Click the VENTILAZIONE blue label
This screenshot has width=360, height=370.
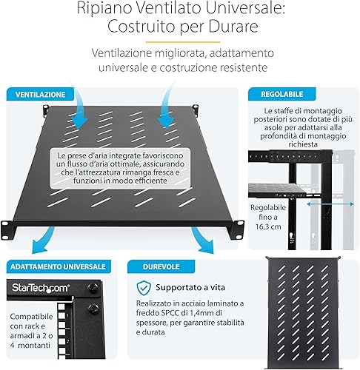(x=40, y=94)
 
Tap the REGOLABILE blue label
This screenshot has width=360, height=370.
(x=281, y=94)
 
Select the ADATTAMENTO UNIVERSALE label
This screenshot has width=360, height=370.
(x=59, y=266)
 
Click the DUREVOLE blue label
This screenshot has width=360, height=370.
(x=161, y=266)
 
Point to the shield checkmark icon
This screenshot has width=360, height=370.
(x=144, y=288)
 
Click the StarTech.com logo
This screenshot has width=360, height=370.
(x=41, y=288)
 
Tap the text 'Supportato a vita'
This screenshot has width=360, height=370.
(x=190, y=287)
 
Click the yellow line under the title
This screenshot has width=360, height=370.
(x=183, y=42)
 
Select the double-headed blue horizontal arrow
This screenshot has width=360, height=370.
(x=330, y=203)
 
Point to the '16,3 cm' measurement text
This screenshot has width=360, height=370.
(x=268, y=226)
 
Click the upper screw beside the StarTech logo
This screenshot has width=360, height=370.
(x=93, y=287)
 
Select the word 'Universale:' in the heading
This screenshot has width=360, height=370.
(x=246, y=9)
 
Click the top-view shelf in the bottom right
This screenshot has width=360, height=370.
(x=303, y=313)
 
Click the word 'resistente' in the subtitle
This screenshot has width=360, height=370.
(x=241, y=67)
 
